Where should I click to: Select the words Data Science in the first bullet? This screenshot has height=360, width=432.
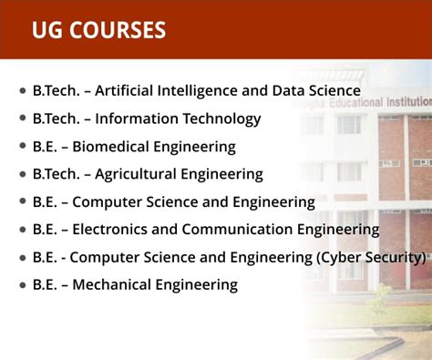[x=315, y=91]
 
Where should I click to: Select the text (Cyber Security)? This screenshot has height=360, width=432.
[x=372, y=257]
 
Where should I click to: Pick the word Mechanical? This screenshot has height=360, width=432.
[x=114, y=285]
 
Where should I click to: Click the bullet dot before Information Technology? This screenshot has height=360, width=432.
[x=23, y=119]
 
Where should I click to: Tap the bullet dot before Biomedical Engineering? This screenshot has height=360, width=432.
[x=23, y=147]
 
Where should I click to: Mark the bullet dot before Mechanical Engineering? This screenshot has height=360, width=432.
[x=23, y=285]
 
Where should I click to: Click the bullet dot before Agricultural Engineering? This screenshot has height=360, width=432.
[x=23, y=174]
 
